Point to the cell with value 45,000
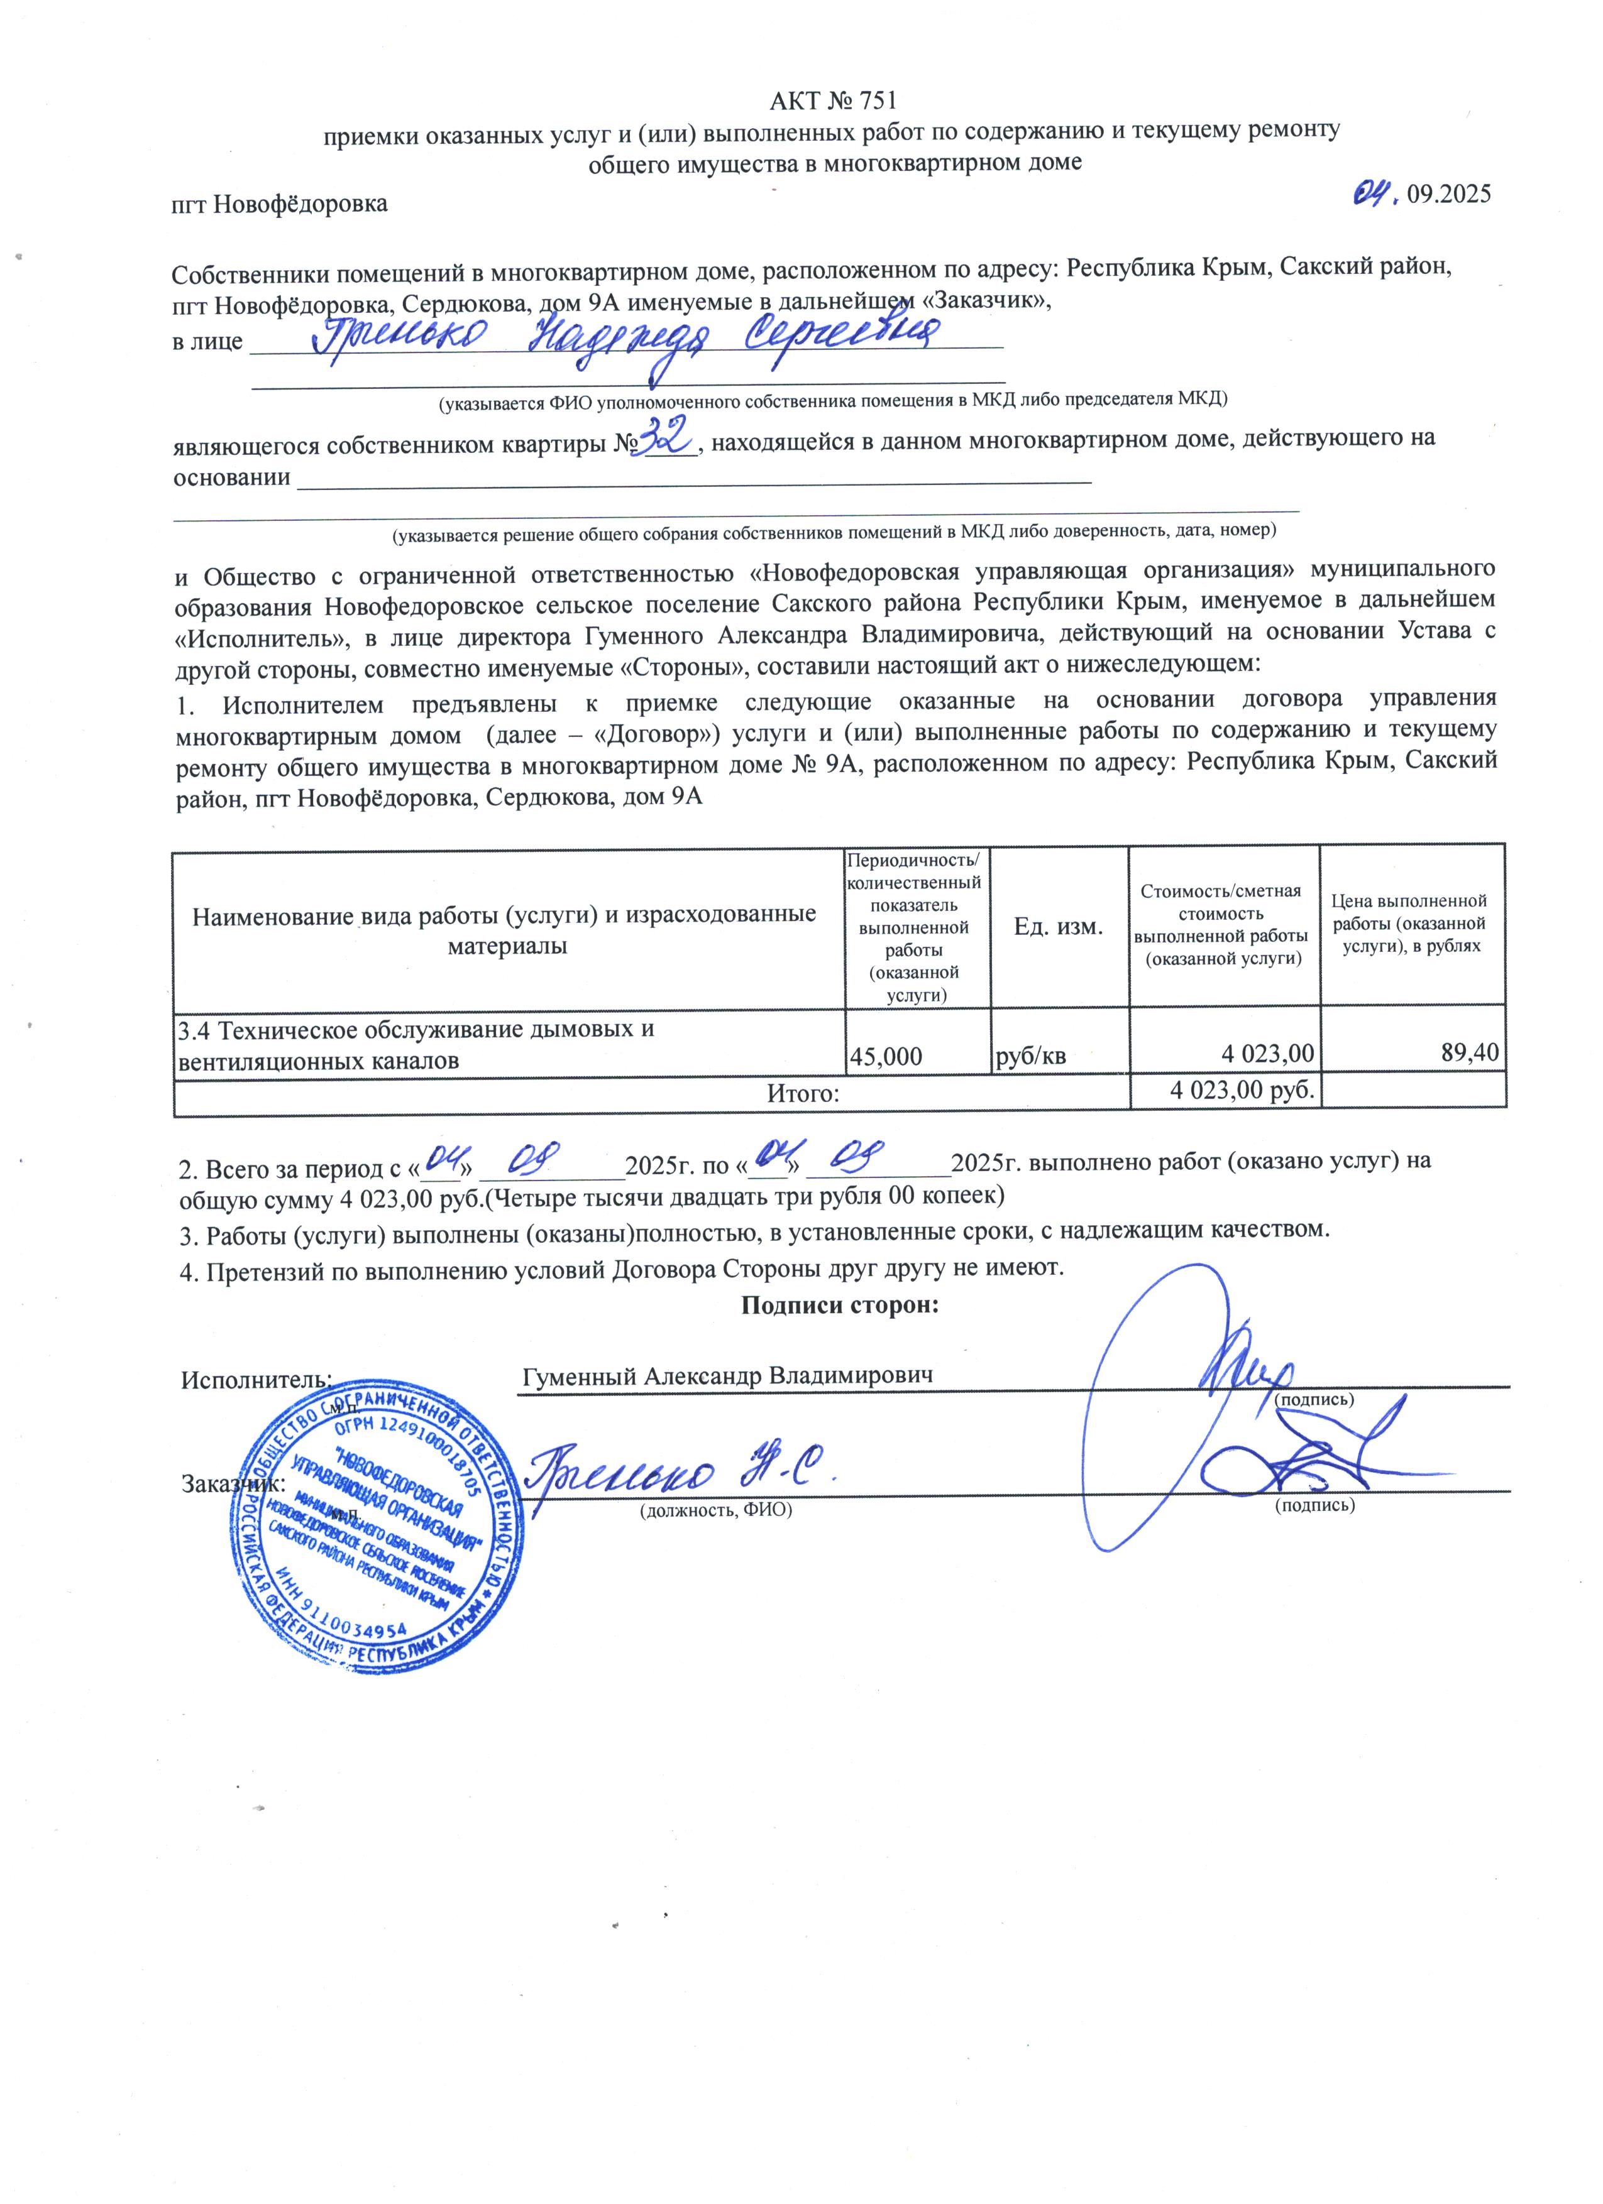click(886, 1056)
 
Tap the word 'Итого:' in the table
click(803, 1093)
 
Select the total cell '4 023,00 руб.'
click(1242, 1090)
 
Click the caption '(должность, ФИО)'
click(715, 1510)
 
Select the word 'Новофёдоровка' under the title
click(299, 204)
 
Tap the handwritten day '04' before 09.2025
click(1375, 192)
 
